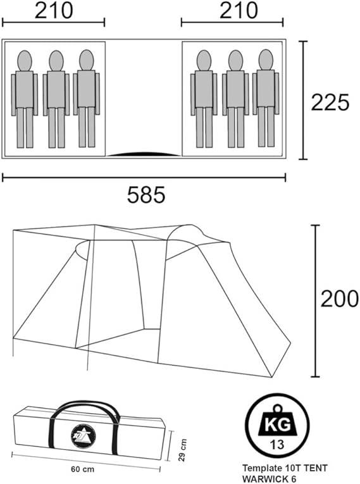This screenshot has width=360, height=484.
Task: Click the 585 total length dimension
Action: click(146, 195)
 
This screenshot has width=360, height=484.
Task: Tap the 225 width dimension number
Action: click(330, 102)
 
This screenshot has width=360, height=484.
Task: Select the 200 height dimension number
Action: click(339, 299)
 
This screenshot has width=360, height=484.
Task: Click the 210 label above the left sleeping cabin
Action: click(54, 10)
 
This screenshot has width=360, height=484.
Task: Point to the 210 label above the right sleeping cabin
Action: click(239, 10)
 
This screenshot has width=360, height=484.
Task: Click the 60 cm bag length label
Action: click(82, 469)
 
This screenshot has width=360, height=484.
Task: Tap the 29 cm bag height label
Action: click(182, 450)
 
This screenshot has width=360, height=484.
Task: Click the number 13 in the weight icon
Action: click(277, 445)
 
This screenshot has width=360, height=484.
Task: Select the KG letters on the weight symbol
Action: click(278, 425)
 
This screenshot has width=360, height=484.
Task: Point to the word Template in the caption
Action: click(259, 468)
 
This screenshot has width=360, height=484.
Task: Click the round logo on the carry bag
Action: click(83, 436)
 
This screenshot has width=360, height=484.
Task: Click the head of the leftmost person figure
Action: click(25, 61)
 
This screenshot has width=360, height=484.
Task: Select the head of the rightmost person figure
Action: click(266, 59)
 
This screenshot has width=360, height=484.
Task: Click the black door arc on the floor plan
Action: click(144, 154)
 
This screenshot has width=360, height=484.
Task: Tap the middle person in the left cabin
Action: click(56, 99)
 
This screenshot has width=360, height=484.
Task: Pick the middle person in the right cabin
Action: click(235, 99)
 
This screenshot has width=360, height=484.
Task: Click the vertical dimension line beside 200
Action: click(315, 301)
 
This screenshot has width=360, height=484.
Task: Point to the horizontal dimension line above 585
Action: click(144, 178)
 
